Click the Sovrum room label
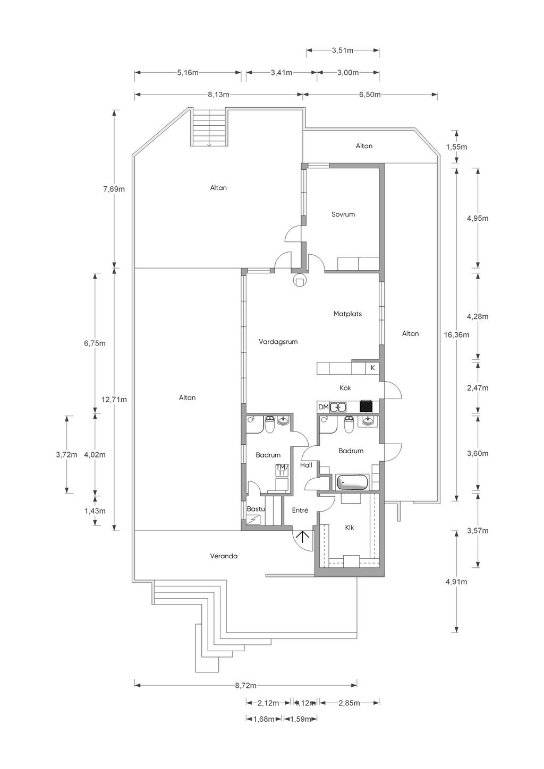[343, 214]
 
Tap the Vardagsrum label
[278, 342]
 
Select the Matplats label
[347, 314]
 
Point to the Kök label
[345, 388]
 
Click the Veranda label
[224, 556]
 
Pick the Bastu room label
[256, 509]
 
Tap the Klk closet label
[350, 528]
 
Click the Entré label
[300, 511]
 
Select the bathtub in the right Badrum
[352, 482]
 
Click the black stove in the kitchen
[365, 407]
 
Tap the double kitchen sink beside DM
[338, 407]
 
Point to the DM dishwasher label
[324, 407]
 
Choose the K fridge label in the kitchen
[372, 368]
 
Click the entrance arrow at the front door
[303, 537]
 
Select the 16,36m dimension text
[456, 334]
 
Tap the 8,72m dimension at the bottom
[246, 686]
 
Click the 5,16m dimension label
[188, 72]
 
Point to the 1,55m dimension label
[457, 147]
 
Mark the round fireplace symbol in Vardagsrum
[299, 281]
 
